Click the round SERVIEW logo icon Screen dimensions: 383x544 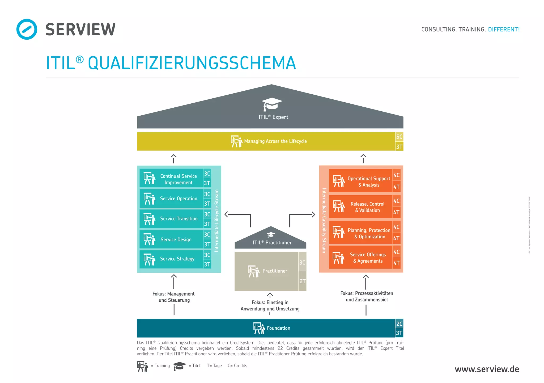(x=27, y=29)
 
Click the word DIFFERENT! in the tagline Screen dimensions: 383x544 (x=504, y=30)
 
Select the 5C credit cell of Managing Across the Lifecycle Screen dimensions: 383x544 (x=399, y=137)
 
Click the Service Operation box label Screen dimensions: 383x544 (x=178, y=199)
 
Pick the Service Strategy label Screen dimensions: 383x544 (x=177, y=259)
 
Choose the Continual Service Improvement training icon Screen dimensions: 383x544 (x=149, y=178)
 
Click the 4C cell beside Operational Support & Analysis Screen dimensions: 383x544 (x=396, y=175)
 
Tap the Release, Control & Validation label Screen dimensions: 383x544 (x=367, y=207)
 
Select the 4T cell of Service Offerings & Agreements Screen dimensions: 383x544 (x=396, y=263)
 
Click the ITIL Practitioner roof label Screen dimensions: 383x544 (x=272, y=243)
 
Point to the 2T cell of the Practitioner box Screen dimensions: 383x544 (x=302, y=281)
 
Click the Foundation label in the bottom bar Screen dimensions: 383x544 (x=278, y=328)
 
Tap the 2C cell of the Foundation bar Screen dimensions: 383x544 (x=399, y=324)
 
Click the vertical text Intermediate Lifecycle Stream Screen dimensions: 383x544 (x=217, y=221)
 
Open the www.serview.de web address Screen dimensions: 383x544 (x=487, y=369)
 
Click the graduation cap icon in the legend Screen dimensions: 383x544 (x=179, y=366)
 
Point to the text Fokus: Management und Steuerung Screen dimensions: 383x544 (x=174, y=297)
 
